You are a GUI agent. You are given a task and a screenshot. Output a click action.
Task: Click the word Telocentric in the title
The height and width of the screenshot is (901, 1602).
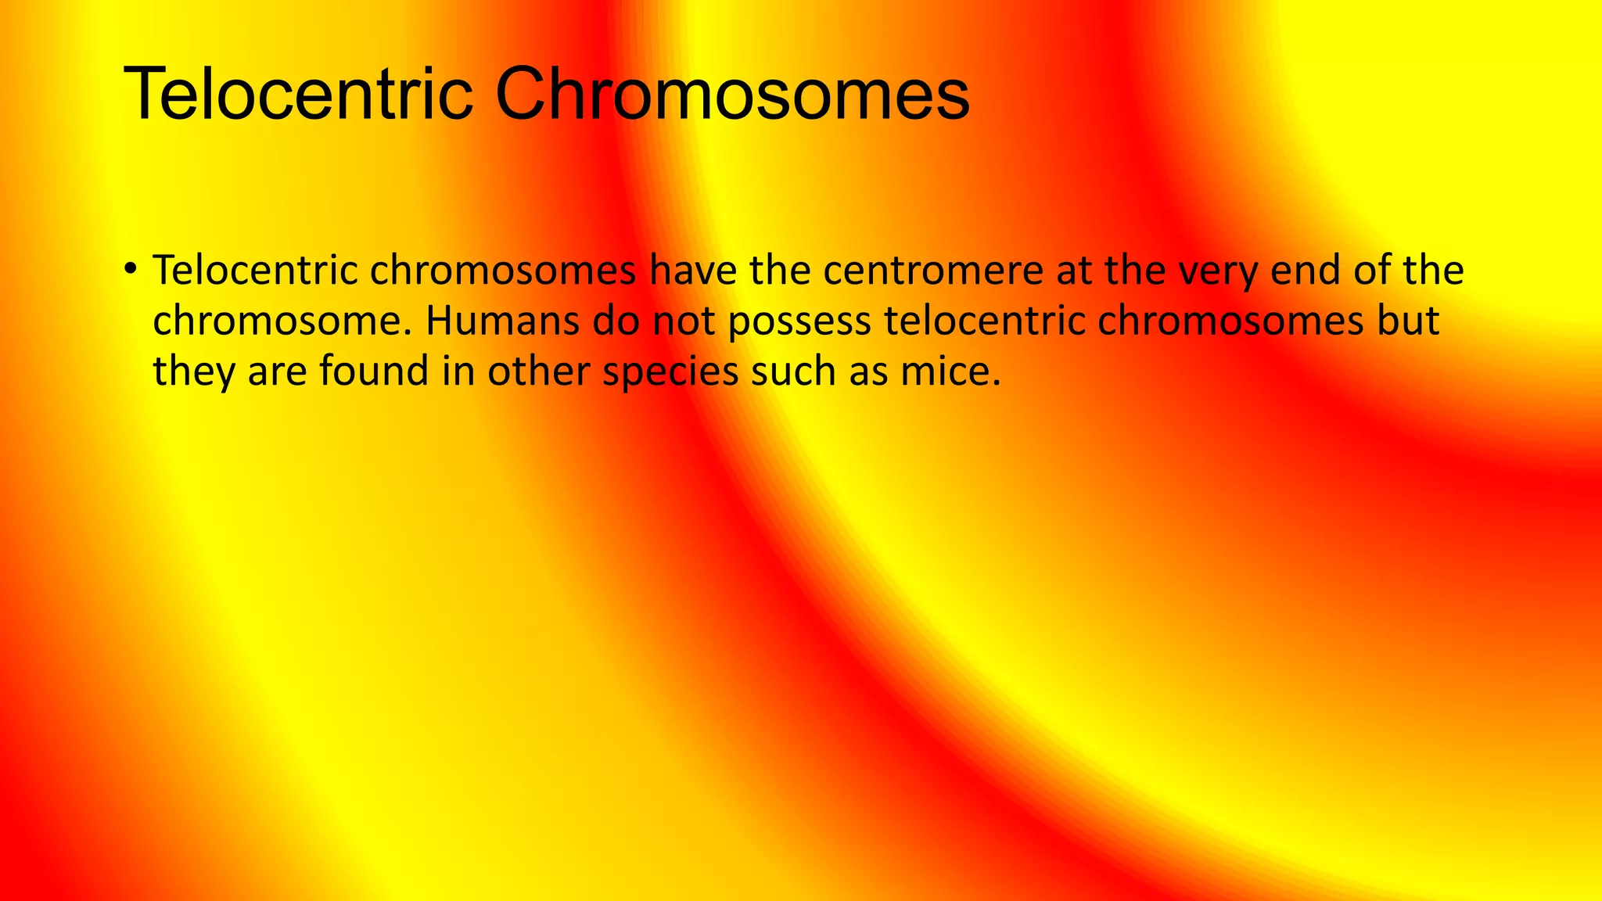click(298, 95)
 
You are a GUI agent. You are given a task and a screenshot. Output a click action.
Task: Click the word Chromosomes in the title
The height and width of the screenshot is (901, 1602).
click(732, 95)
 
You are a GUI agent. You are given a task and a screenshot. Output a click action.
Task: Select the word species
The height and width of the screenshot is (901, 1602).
click(670, 372)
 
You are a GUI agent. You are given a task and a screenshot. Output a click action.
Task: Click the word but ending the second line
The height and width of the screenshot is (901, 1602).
click(1408, 321)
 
